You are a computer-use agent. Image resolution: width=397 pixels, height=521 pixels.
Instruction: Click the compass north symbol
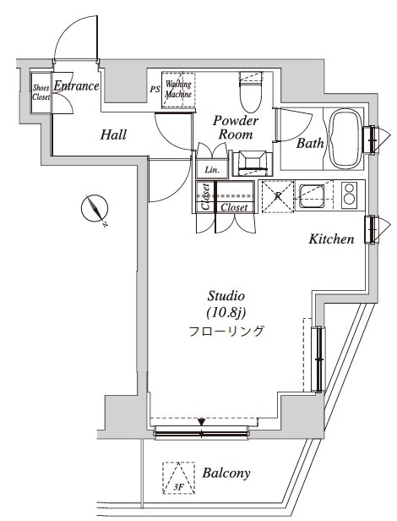95,209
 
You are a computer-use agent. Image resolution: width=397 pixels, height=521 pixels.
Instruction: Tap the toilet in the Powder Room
251,91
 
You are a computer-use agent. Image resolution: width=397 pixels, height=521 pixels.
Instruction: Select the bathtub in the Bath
345,139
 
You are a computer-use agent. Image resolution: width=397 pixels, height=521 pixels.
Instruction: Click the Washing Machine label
178,89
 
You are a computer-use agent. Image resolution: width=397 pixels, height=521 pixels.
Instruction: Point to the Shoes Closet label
41,92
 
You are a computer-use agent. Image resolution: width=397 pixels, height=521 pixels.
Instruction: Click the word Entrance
76,86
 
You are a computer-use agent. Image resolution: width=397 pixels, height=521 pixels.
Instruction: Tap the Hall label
113,134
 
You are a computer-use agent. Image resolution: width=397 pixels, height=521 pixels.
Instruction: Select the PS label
155,90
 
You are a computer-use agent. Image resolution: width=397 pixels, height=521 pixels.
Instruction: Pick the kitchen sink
312,196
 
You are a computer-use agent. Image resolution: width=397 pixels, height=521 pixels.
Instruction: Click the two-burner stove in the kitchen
350,195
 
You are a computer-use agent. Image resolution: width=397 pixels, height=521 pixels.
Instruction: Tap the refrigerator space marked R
278,196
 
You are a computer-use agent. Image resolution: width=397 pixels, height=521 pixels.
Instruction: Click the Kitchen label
331,239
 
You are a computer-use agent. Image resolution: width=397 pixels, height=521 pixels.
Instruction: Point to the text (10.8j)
226,313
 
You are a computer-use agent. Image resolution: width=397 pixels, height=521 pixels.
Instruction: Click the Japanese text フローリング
226,331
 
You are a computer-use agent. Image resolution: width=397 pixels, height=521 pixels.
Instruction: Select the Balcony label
226,473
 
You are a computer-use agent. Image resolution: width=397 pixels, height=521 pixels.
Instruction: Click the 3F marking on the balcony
178,487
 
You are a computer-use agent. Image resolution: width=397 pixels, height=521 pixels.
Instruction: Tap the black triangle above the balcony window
202,422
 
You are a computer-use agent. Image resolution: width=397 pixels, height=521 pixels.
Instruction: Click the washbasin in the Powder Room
253,163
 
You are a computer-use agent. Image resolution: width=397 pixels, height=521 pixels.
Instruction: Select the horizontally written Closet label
234,207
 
